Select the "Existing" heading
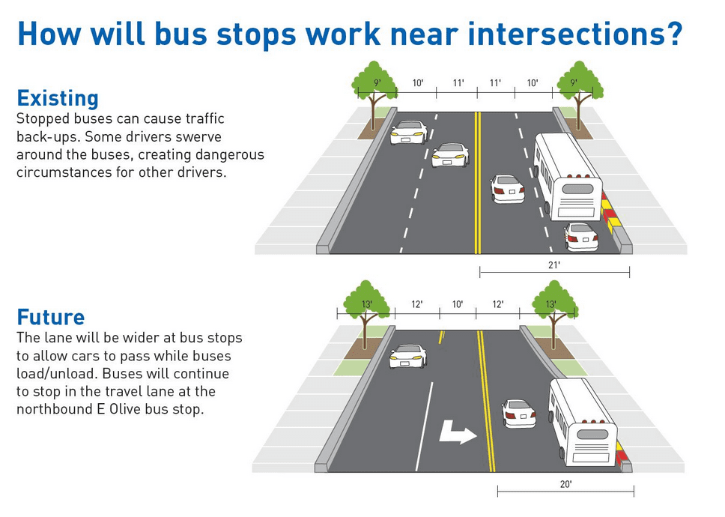(x=58, y=98)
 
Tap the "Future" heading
(x=51, y=317)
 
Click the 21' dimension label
(x=554, y=265)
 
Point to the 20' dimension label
(x=565, y=484)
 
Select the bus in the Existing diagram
(x=567, y=177)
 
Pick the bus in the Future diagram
(x=583, y=422)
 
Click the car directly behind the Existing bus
(x=581, y=237)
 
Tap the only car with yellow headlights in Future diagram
(x=407, y=356)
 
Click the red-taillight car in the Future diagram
(x=519, y=414)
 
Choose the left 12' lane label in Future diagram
(x=416, y=304)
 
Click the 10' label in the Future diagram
(x=458, y=304)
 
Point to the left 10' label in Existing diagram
(x=417, y=82)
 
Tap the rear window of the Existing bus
(x=577, y=189)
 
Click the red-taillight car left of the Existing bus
(x=507, y=189)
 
